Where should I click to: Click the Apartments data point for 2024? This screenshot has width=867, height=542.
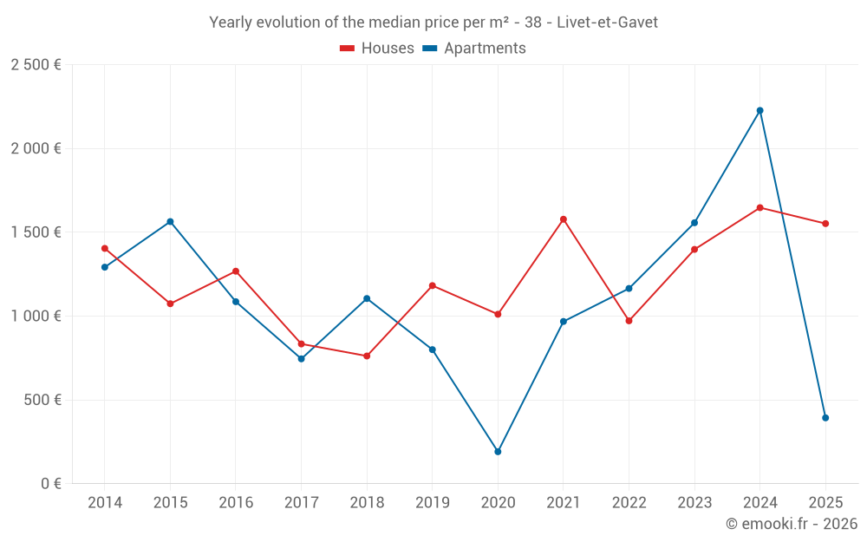tap(760, 110)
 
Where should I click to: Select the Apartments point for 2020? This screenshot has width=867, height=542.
tap(498, 452)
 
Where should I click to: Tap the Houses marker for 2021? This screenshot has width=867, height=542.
tap(564, 219)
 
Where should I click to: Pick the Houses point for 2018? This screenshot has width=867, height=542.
tap(367, 356)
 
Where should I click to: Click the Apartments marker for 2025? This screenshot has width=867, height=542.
tap(825, 418)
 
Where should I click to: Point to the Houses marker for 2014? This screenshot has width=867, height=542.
tap(105, 248)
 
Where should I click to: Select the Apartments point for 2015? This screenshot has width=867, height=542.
tap(170, 221)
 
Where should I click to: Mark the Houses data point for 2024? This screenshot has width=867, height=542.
tap(760, 207)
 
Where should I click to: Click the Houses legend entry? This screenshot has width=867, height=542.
tap(377, 49)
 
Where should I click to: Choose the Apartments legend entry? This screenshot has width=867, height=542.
tap(474, 49)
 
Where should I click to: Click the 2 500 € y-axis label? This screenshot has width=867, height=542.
tap(36, 65)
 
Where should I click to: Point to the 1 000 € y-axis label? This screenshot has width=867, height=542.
tap(36, 317)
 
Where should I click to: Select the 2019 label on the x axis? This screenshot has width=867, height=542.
tap(433, 502)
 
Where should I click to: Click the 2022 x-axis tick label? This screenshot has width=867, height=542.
tap(629, 502)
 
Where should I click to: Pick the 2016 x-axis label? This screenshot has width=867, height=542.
tap(236, 502)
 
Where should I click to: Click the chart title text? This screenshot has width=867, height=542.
tap(433, 23)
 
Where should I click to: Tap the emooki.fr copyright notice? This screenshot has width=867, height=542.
tap(791, 524)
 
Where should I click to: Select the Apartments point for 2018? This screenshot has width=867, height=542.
tap(367, 298)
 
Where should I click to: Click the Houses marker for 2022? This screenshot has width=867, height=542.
tap(629, 321)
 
